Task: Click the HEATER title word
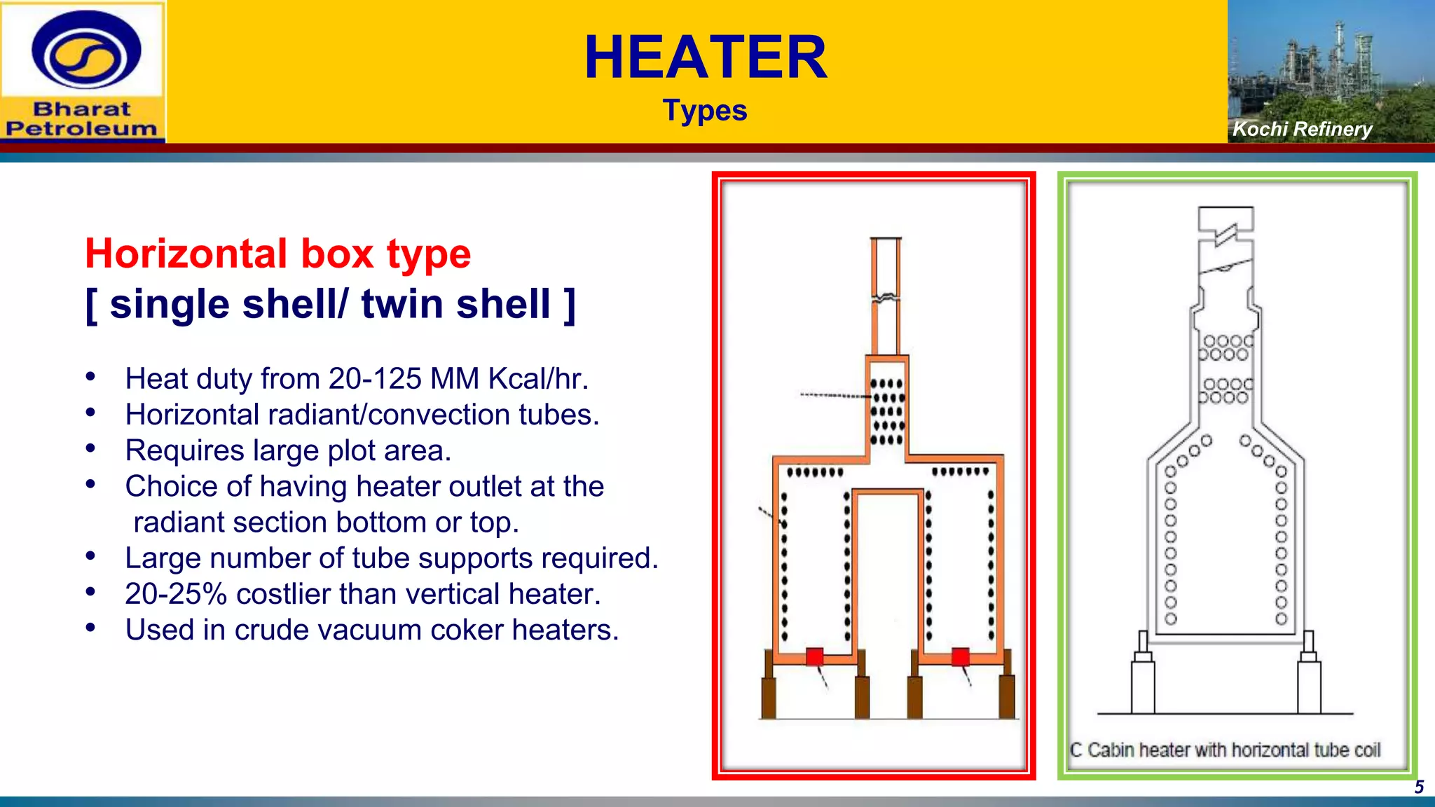click(706, 57)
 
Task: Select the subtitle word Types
click(705, 111)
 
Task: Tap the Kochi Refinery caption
click(1302, 129)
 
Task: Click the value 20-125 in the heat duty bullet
click(375, 379)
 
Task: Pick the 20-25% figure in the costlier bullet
click(175, 594)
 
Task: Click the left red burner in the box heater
click(814, 656)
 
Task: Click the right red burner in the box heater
click(960, 656)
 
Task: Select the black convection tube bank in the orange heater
click(887, 412)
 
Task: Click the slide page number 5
click(1419, 787)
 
